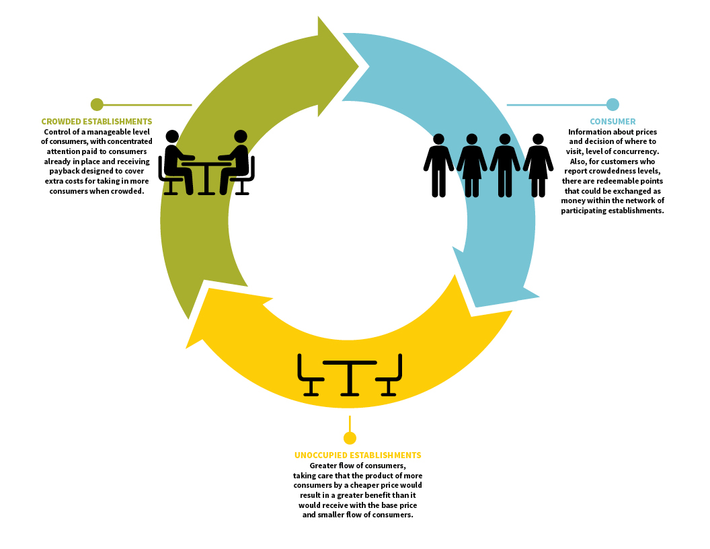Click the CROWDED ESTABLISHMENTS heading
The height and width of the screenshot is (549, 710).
click(96, 121)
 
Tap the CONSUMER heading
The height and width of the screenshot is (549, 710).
click(613, 121)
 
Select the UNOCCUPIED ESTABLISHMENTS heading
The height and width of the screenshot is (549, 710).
click(358, 455)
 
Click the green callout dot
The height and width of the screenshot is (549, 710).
click(97, 105)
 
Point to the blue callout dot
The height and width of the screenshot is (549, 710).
click(613, 105)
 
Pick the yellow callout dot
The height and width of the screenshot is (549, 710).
click(350, 438)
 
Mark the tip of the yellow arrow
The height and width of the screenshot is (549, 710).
click(186, 348)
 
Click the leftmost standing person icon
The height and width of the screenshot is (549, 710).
click(438, 166)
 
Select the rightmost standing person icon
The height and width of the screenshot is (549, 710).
click(538, 166)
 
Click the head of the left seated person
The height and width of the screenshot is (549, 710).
click(172, 137)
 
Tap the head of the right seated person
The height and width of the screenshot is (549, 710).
click(241, 137)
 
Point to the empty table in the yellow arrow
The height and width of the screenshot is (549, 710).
click(350, 378)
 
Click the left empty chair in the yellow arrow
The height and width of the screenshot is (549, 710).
click(310, 375)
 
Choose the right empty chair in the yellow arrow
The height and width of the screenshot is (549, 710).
click(389, 375)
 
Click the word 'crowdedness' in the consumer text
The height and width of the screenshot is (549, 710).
click(613, 171)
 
